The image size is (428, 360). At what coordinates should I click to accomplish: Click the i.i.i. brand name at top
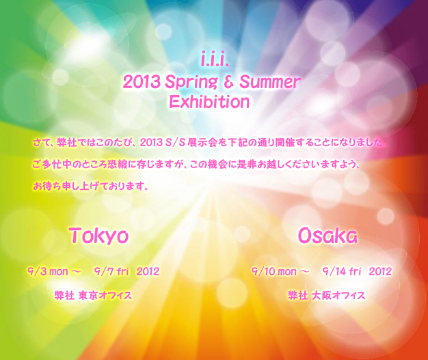[x=215, y=60]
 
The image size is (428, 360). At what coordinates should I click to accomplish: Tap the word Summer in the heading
[x=270, y=82]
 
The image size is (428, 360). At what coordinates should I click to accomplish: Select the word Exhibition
[x=209, y=102]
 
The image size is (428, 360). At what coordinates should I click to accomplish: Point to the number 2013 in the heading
[x=142, y=82]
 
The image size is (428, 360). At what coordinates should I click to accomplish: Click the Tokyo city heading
[x=98, y=236]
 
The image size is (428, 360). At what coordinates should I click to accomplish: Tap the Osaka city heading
[x=327, y=236]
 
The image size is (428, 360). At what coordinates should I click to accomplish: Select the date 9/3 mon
[x=47, y=271]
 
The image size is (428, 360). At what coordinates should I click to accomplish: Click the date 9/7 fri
[x=111, y=271]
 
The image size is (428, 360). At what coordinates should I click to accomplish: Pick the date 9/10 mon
[x=273, y=271]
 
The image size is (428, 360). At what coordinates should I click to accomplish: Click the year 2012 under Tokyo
[x=148, y=271]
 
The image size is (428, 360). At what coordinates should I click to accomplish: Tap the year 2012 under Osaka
[x=380, y=271]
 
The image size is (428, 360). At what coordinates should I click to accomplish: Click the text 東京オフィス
[x=105, y=295]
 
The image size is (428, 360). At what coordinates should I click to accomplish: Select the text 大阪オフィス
[x=338, y=295]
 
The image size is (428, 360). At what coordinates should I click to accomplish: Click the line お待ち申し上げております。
[x=91, y=186]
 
